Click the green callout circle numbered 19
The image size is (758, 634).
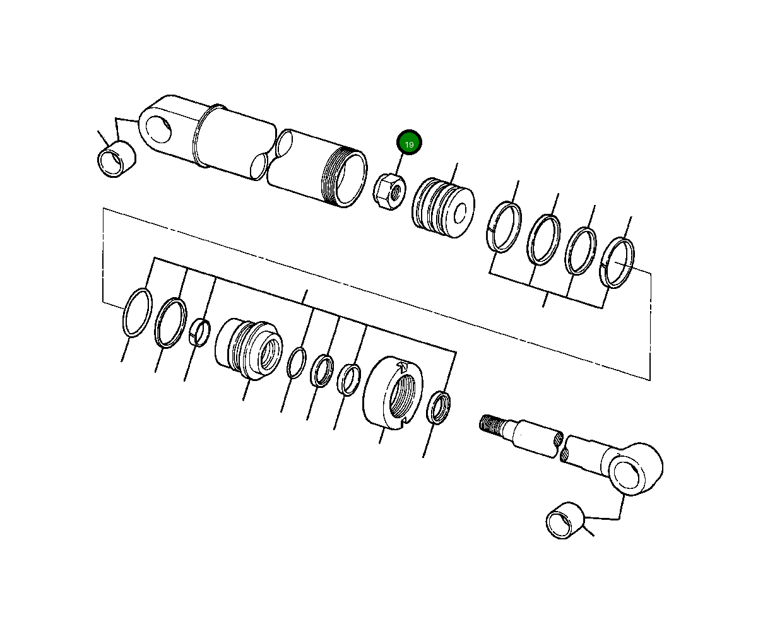(x=409, y=144)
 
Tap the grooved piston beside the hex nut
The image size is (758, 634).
(x=443, y=208)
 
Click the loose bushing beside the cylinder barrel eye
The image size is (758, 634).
(x=117, y=160)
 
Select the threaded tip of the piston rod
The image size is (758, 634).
(x=493, y=423)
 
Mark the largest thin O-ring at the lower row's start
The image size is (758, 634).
(x=136, y=313)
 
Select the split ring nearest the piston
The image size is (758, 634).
(x=505, y=228)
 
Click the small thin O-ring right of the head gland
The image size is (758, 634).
(x=296, y=363)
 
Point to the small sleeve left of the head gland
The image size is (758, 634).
(x=199, y=332)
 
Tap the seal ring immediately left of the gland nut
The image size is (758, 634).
(x=348, y=379)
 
